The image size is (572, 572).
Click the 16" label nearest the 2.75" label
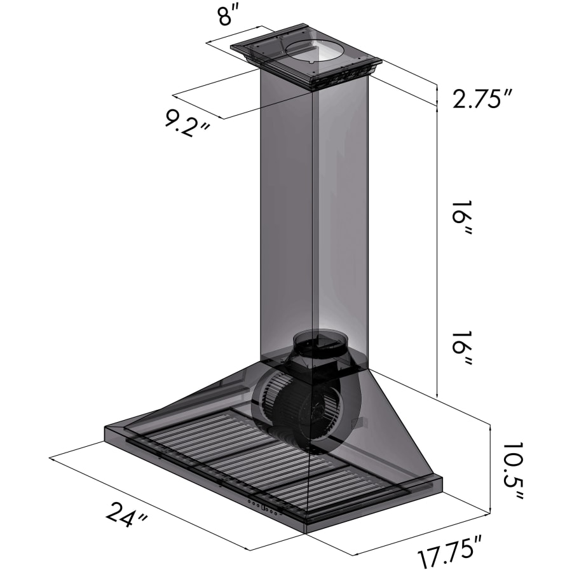coord(462,217)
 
